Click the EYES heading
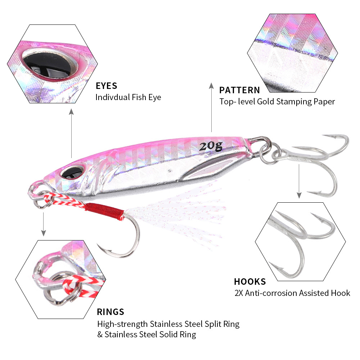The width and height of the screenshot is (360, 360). (107, 86)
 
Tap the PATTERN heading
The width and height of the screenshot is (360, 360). (239, 90)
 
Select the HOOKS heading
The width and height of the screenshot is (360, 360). (250, 282)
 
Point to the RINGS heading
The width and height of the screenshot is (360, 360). (111, 312)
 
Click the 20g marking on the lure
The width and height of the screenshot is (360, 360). (211, 146)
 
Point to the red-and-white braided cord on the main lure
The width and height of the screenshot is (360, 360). (65, 201)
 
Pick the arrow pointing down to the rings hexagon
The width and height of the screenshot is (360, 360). (44, 223)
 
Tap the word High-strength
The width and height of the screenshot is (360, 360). (123, 324)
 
